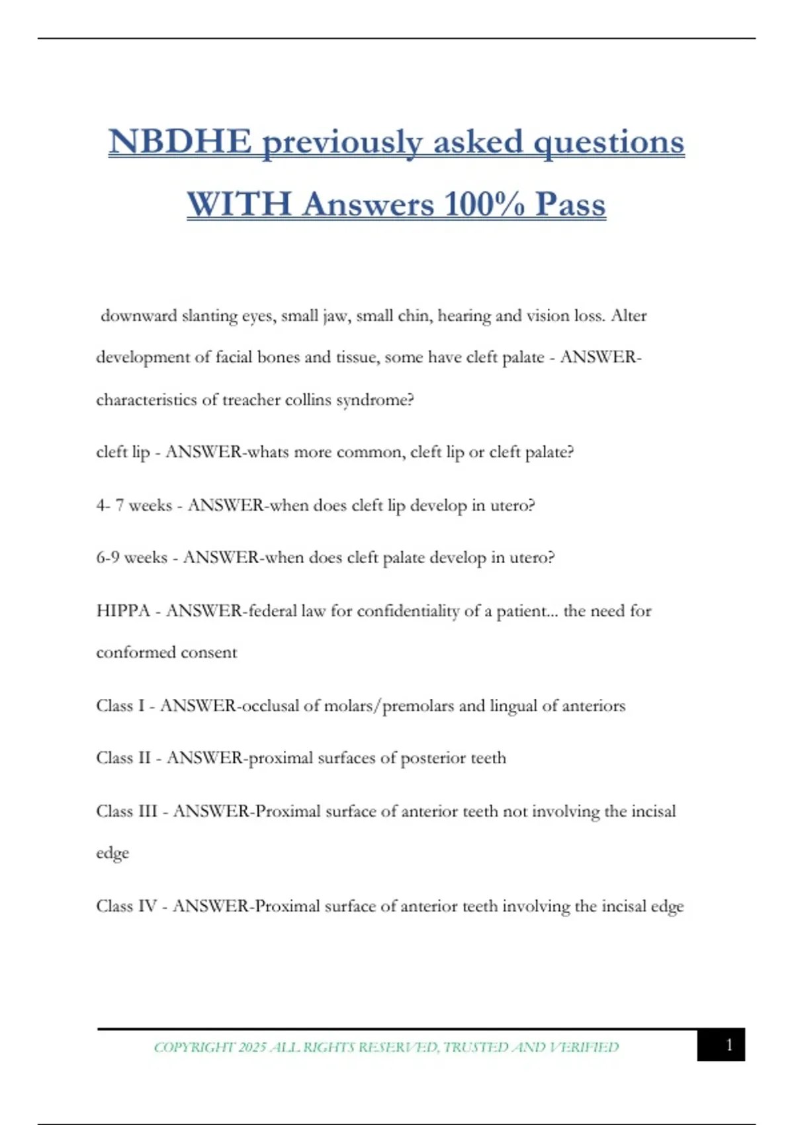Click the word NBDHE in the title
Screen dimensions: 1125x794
[x=180, y=142]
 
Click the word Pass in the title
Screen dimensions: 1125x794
[x=570, y=204]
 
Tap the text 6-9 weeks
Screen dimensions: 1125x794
[x=132, y=558]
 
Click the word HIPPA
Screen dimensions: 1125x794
[x=123, y=611]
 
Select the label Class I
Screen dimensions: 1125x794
[x=120, y=705]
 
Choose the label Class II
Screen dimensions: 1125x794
[x=123, y=758]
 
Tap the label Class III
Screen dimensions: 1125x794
[x=126, y=811]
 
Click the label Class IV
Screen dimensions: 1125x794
[x=126, y=906]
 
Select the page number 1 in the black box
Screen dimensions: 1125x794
[x=729, y=1045]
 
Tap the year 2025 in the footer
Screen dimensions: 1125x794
[x=252, y=1048]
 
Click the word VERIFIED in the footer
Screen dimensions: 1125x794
[x=584, y=1048]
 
